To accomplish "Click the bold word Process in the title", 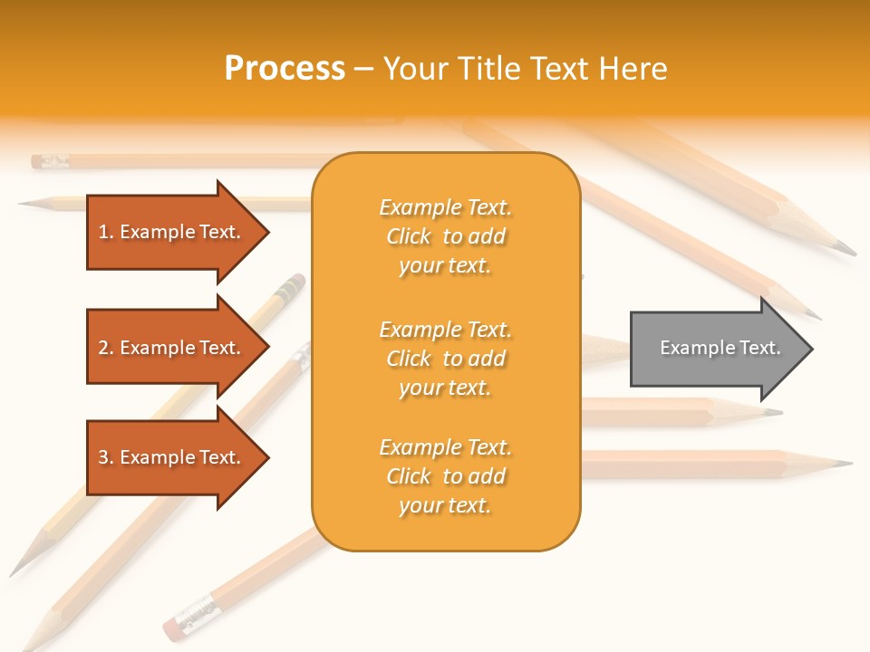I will pyautogui.click(x=285, y=69).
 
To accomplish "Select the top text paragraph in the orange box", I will pyautogui.click(x=445, y=236).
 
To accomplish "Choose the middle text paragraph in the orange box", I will pyautogui.click(x=445, y=359).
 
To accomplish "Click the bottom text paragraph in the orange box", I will pyautogui.click(x=445, y=476).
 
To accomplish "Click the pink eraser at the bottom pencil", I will pyautogui.click(x=172, y=627).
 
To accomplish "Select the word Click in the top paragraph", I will pyautogui.click(x=409, y=236).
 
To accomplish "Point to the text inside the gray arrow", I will pyautogui.click(x=720, y=348).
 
